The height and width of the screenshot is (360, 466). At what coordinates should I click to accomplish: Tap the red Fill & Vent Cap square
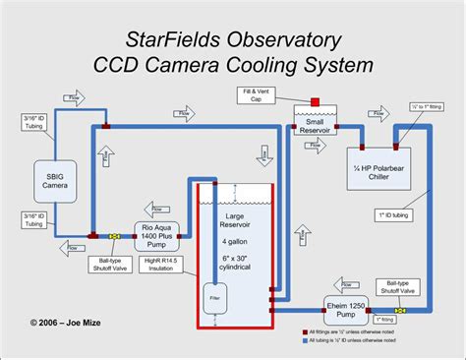316,102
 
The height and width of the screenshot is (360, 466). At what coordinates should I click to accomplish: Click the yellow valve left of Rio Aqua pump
115,236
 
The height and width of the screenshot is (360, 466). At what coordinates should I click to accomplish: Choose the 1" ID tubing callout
393,214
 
